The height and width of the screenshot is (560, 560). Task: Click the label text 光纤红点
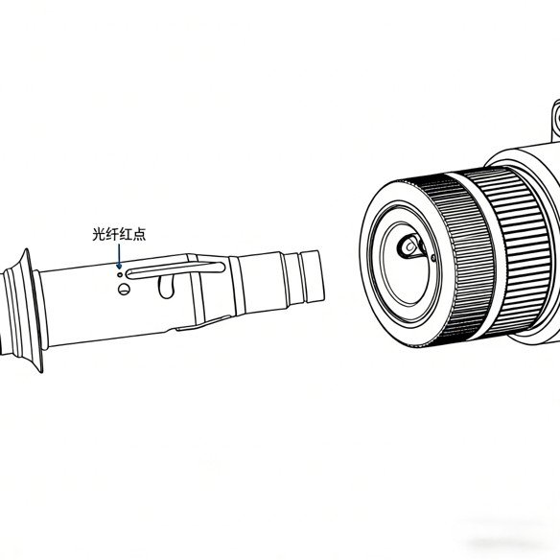(x=118, y=234)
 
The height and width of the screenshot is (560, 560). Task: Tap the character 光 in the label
(x=98, y=234)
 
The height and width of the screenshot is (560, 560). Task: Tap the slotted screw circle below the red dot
(x=123, y=288)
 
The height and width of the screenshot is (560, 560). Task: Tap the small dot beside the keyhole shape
(x=433, y=257)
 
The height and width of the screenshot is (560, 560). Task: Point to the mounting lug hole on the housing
(x=556, y=114)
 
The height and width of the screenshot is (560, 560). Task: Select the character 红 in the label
(x=126, y=234)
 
